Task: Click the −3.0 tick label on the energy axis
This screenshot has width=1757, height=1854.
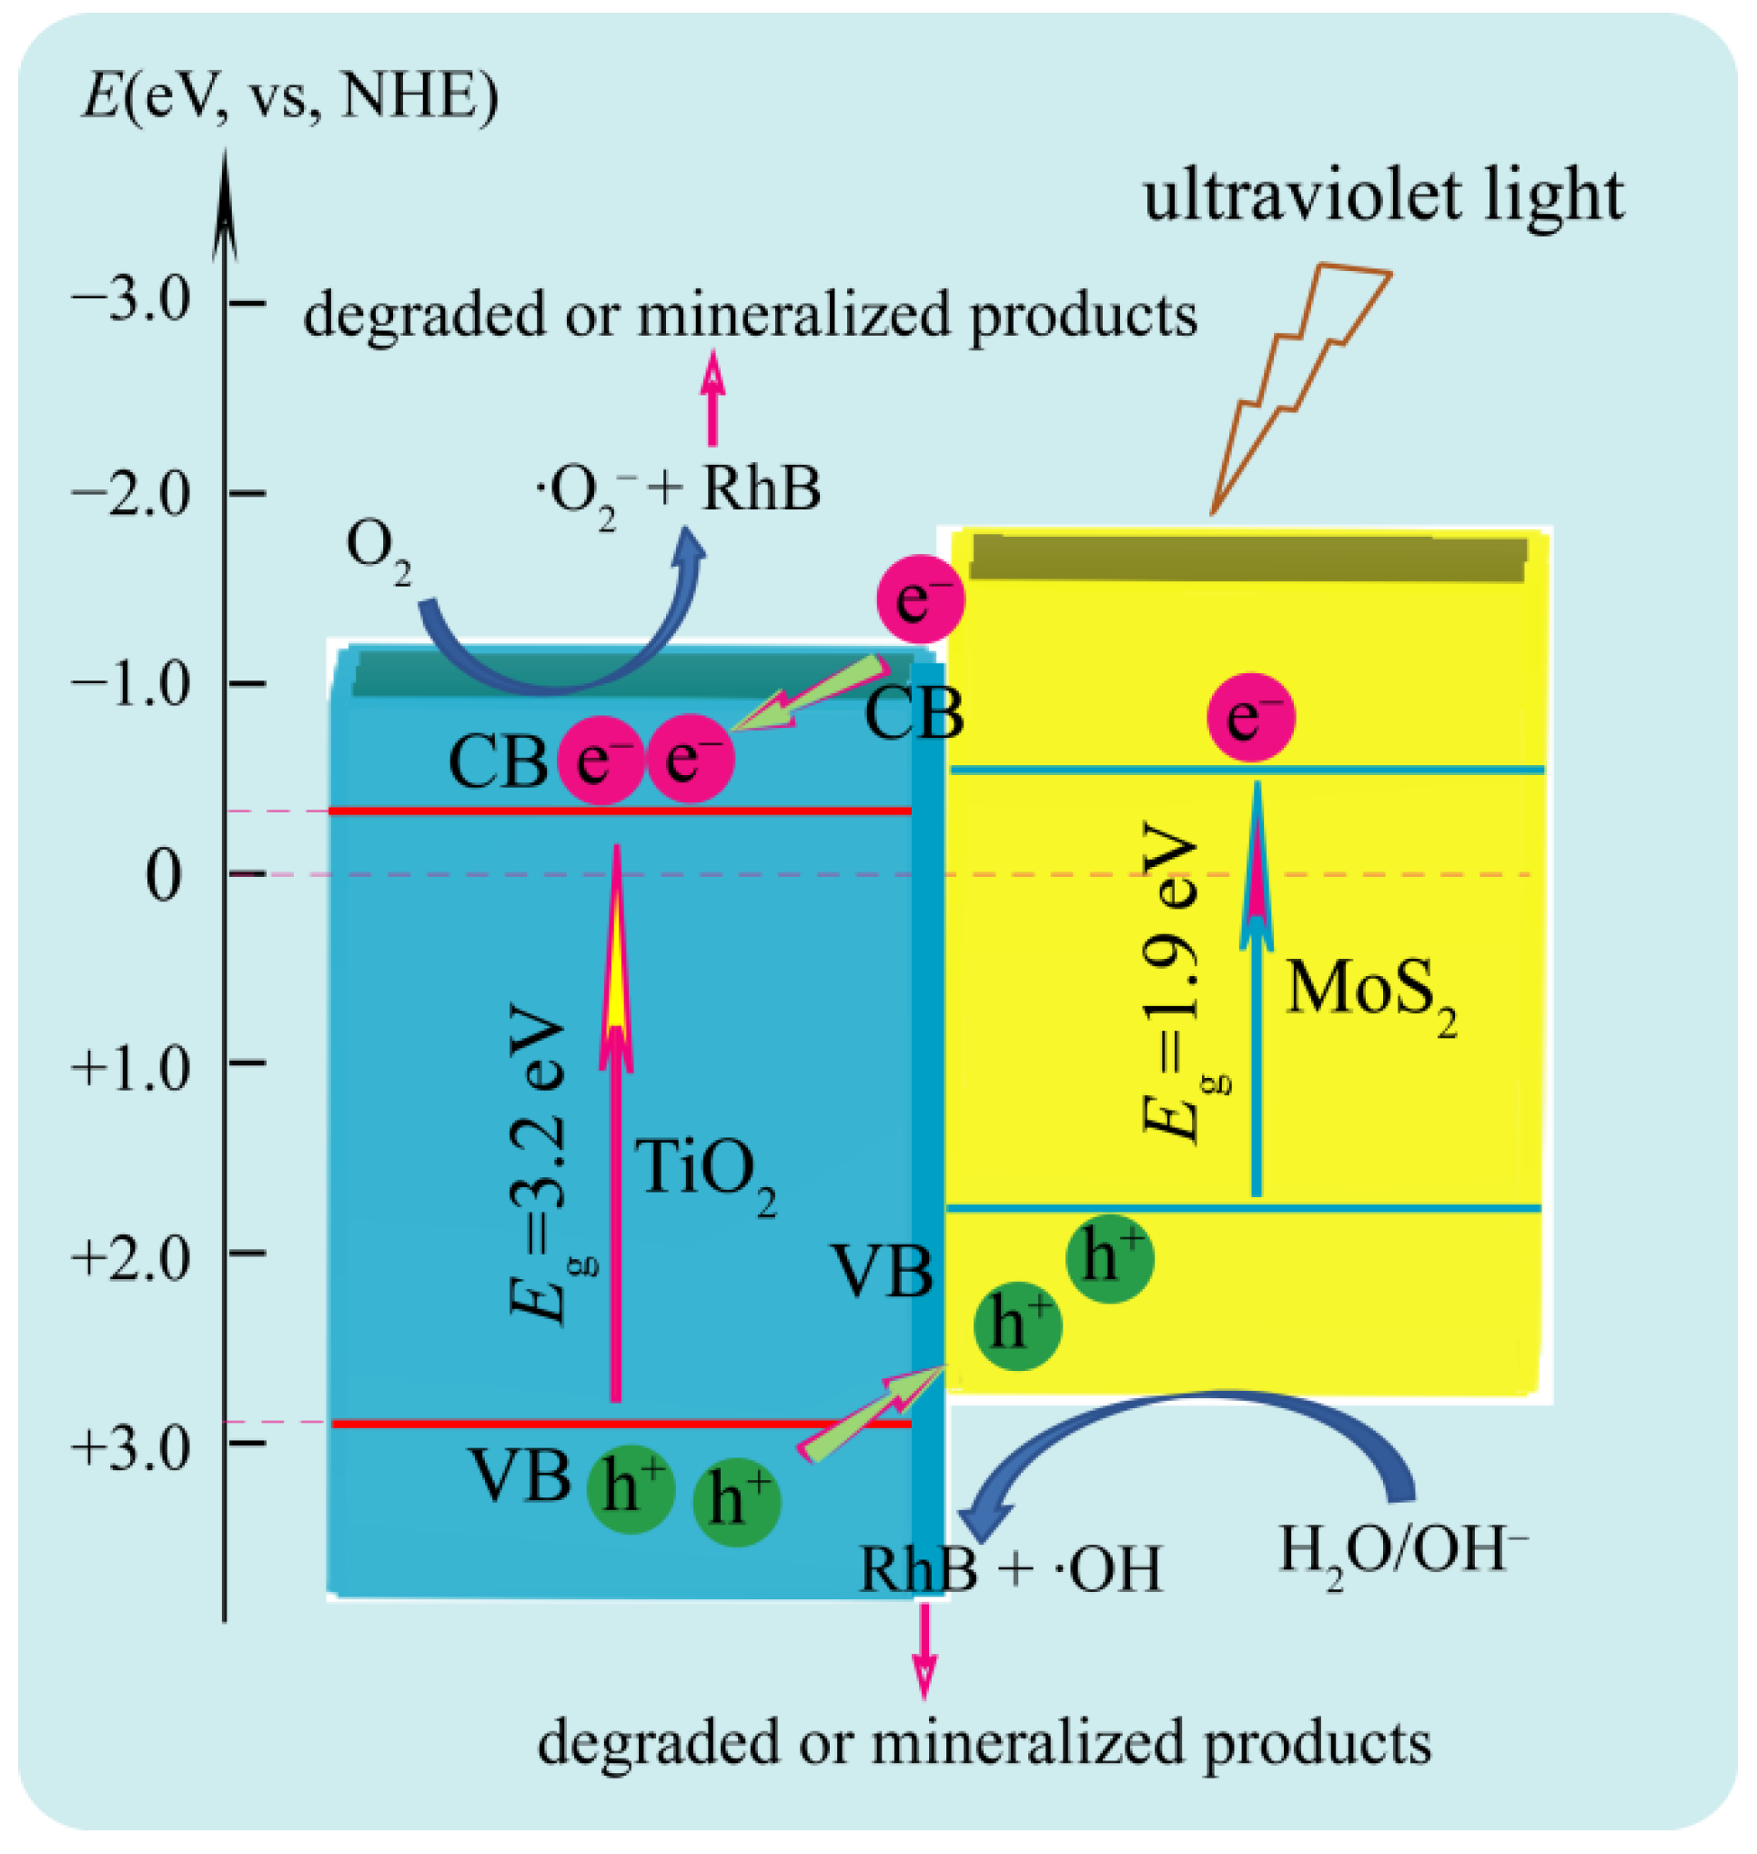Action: tap(132, 301)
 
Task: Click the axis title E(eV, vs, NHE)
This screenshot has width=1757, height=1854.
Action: tap(290, 96)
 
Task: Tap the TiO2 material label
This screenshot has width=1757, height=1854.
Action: tap(707, 1172)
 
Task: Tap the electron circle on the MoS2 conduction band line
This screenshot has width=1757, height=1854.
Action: tap(1251, 716)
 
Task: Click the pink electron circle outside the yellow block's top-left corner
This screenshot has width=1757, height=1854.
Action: tap(920, 600)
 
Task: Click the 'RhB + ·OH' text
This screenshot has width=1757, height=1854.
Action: tap(1012, 1569)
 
